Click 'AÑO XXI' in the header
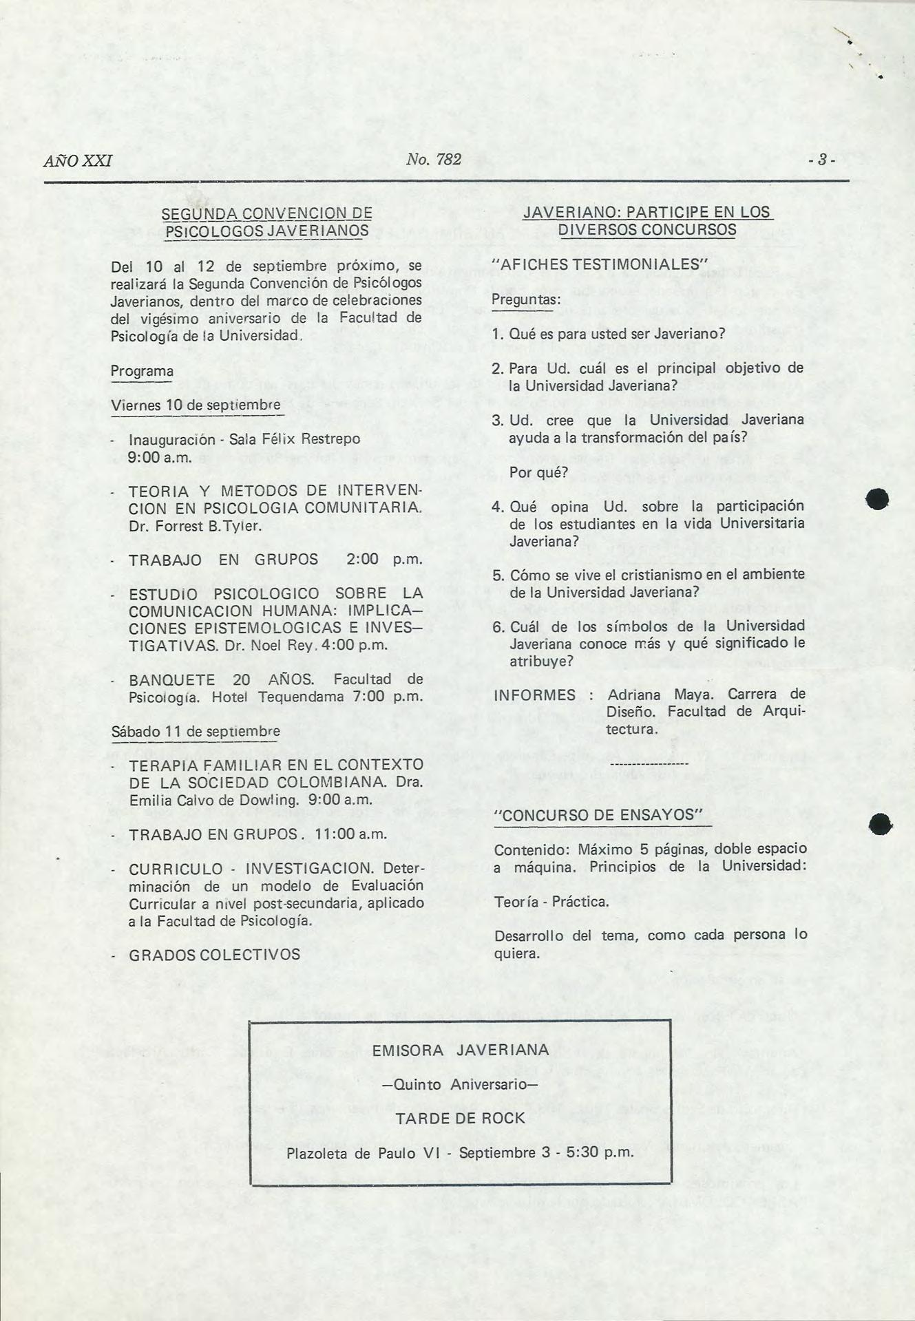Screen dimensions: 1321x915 [77, 161]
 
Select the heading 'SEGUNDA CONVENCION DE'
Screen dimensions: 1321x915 [266, 213]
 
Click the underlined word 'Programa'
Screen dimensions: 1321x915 [142, 372]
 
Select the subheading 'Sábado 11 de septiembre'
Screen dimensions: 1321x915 [196, 732]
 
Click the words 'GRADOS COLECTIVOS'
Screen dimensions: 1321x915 [215, 955]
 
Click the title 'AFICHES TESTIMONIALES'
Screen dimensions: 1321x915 [600, 264]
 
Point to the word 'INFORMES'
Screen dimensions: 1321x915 [535, 695]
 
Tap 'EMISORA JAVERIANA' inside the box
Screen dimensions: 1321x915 [460, 1051]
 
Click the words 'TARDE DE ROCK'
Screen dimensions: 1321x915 [460, 1119]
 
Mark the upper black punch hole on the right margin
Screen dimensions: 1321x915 [879, 498]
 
